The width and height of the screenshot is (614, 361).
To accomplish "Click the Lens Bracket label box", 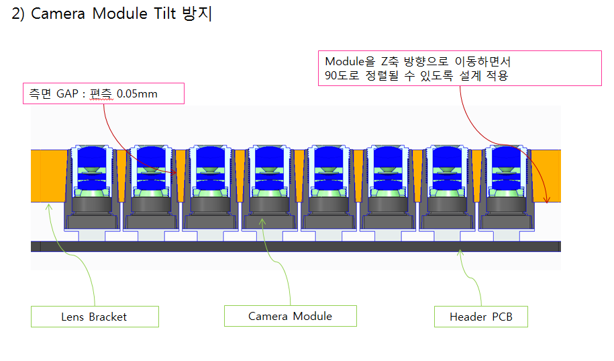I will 94,317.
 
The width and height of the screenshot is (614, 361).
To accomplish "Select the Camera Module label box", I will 290,316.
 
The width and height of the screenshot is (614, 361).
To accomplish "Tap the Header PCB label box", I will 480,317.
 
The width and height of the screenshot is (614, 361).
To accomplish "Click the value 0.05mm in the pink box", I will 137,93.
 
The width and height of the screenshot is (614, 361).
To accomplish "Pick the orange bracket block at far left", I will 48,175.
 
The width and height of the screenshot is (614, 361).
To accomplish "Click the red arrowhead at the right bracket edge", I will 547,200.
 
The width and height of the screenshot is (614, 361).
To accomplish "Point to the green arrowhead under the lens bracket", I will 48,206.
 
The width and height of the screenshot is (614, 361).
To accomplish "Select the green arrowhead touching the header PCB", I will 459,253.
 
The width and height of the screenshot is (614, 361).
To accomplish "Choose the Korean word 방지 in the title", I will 197,15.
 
